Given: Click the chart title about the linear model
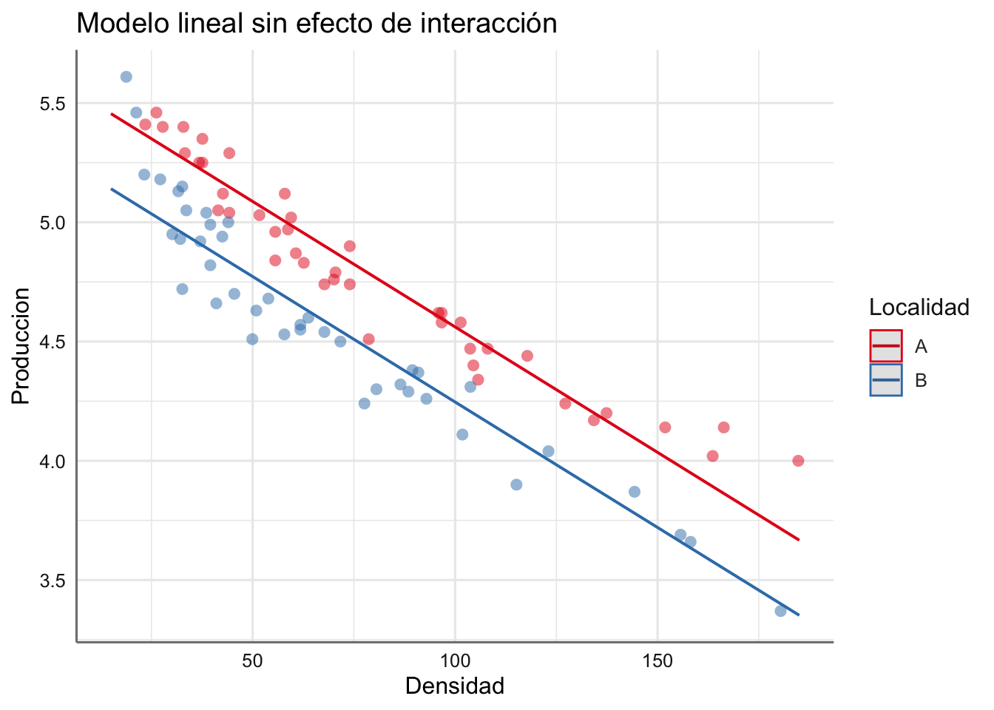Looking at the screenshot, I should (x=317, y=24).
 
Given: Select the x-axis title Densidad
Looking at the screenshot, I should (x=455, y=686).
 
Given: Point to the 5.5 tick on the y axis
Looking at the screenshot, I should (x=52, y=104).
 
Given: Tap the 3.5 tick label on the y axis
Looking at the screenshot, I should (x=52, y=581).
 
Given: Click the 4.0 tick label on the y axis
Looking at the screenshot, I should (x=52, y=461).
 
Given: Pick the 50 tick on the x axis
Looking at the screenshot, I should (x=252, y=660).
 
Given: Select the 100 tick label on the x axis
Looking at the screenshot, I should (x=455, y=660).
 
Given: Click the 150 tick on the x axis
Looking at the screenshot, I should (x=657, y=660).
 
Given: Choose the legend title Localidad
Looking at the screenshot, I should (x=919, y=308).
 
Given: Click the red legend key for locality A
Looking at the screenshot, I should (x=886, y=346).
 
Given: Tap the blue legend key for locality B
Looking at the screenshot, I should (x=886, y=380).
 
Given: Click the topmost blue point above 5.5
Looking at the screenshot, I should (x=126, y=77).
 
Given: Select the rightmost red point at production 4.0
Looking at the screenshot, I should (x=798, y=461).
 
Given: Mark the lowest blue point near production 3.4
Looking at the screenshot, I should (x=780, y=611).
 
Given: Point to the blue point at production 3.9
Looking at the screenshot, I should (x=516, y=484).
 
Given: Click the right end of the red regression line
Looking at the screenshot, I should (x=799, y=540).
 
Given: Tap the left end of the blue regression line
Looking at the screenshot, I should (x=112, y=189).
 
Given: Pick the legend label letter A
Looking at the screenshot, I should (x=921, y=346).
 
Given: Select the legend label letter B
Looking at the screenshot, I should (x=921, y=380).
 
